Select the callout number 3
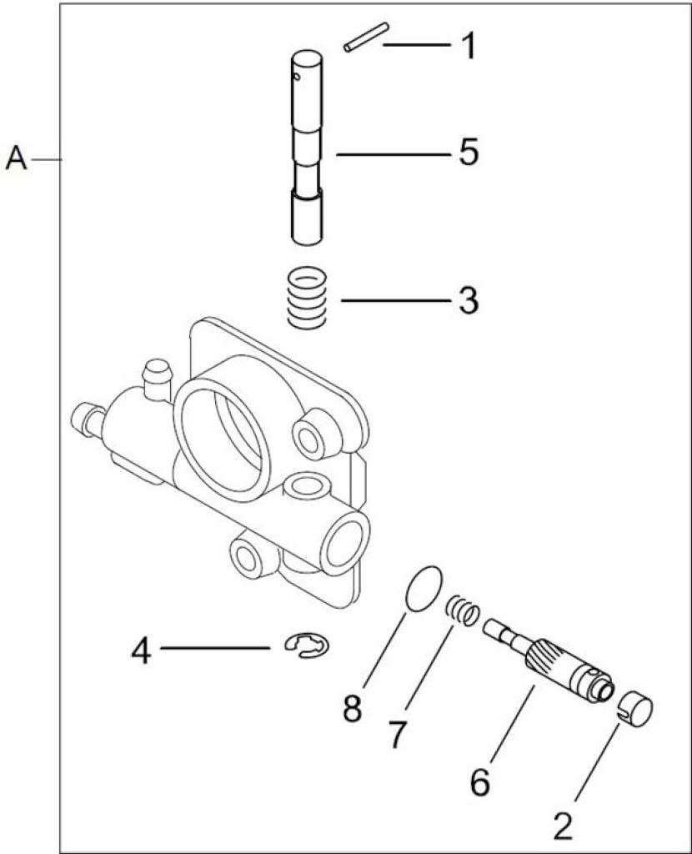click(x=469, y=300)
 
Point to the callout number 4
click(x=141, y=651)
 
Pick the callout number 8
click(x=353, y=709)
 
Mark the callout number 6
click(x=479, y=782)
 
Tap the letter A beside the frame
click(x=17, y=159)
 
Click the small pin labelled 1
click(x=366, y=37)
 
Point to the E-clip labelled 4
click(x=307, y=645)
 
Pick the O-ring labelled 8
click(x=424, y=588)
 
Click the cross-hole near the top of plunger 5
click(x=297, y=76)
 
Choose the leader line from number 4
click(x=216, y=647)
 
